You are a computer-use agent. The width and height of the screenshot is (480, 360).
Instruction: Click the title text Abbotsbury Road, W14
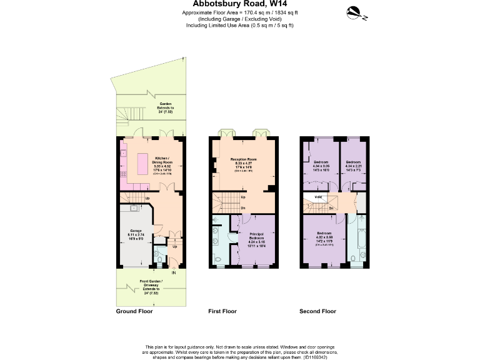point(240,4)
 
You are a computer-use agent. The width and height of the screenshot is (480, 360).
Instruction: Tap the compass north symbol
point(354,11)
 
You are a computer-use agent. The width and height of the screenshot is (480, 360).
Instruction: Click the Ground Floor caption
point(134,311)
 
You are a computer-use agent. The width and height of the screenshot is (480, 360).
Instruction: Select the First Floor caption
point(222,311)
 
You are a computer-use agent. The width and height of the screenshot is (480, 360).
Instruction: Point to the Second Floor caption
point(317,311)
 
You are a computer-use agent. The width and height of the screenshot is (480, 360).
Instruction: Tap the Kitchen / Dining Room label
point(164,159)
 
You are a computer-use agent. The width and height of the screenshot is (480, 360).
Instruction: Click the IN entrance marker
point(174,272)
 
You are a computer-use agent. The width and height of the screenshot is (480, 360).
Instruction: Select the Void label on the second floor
point(318,197)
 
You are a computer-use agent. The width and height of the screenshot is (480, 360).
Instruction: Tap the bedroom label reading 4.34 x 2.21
point(353,164)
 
